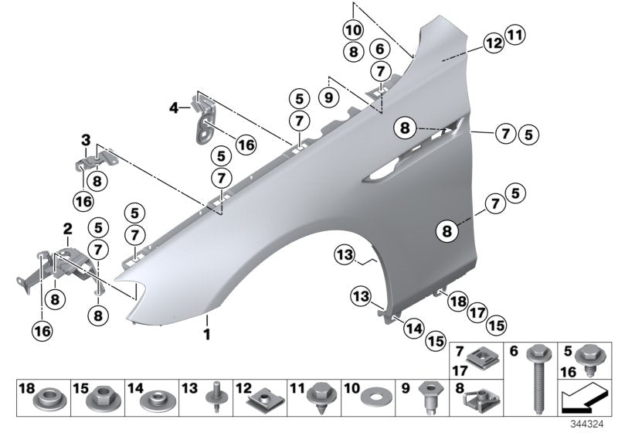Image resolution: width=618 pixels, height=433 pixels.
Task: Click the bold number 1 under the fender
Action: point(206,334)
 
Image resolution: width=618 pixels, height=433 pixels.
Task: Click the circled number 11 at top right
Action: point(514,33)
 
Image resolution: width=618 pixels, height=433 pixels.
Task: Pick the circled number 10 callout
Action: point(353,31)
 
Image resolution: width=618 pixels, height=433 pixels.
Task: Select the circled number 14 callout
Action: point(414,329)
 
